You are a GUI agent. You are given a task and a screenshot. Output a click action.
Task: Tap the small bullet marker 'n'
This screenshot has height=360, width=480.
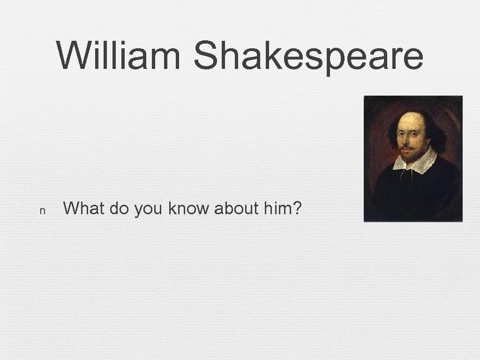click(42, 211)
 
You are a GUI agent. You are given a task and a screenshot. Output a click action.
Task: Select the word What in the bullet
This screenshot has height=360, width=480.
click(84, 208)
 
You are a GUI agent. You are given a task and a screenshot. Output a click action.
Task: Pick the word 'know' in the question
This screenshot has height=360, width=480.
click(188, 208)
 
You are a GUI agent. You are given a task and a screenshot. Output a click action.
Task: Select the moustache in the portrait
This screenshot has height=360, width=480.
click(406, 148)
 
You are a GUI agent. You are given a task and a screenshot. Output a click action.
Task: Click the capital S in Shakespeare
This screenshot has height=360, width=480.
click(206, 55)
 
